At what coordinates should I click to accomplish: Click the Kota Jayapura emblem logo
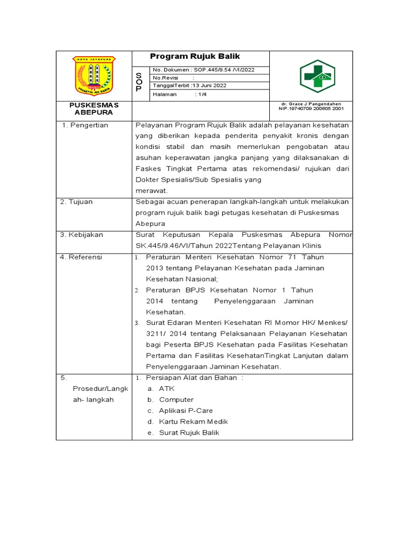coord(94,76)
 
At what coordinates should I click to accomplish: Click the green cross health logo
coord(317,76)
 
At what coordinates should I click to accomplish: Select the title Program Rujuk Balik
coord(195,57)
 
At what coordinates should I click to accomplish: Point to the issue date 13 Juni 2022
coord(209,85)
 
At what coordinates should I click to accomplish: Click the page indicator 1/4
coord(201,94)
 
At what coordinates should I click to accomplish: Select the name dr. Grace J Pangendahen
coord(310,104)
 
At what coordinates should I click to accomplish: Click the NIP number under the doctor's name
coord(311,109)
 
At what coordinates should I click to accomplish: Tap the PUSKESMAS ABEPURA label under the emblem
coord(94,108)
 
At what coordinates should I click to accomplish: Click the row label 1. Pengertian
coord(84,125)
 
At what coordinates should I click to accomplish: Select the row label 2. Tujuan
coord(77,201)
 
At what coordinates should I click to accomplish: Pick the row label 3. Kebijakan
coord(82,235)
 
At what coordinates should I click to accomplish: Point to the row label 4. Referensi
coord(81,257)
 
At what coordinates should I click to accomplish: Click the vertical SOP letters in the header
coord(139,82)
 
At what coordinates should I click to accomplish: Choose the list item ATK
coord(167,389)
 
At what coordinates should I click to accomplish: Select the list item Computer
coord(176,400)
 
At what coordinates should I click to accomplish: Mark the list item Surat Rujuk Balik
coord(189,433)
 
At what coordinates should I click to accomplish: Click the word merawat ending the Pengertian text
coord(148,191)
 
